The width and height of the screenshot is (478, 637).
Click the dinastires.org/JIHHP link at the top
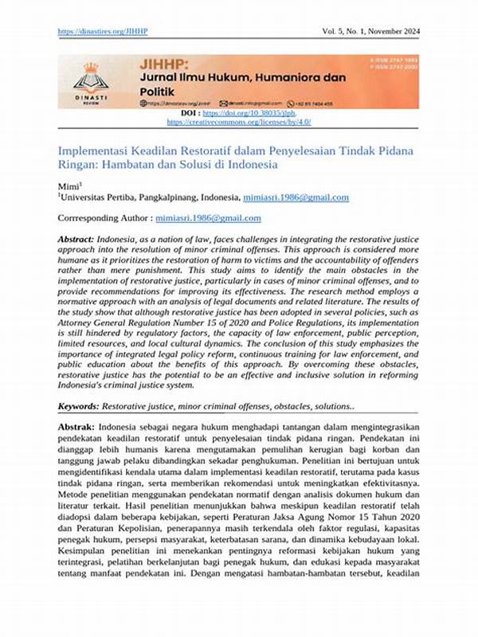point(104,31)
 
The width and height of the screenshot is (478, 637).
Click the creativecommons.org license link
point(238,122)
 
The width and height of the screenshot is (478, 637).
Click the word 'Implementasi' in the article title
point(93,150)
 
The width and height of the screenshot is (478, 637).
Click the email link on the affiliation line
point(298,197)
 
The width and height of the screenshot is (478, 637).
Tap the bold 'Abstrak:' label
point(76,428)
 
